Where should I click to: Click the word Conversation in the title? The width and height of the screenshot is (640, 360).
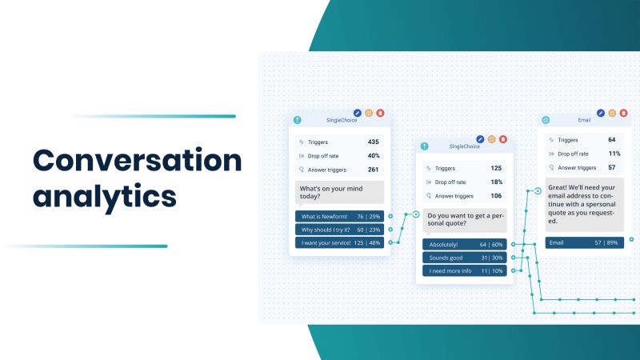pos(137,161)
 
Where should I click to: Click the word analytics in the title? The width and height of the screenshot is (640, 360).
pos(105,195)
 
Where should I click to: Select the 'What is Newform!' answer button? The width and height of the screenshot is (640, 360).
pos(339,216)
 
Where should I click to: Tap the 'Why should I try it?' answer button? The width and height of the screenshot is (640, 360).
pos(339,230)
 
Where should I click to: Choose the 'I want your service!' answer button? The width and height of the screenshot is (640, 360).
pos(339,242)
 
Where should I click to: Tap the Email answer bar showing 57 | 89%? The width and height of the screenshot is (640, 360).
pos(584,242)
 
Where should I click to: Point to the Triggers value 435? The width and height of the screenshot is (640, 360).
pos(373,142)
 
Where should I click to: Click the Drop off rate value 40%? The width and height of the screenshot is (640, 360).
pos(373,155)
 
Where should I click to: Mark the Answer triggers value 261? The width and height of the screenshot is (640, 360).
pos(373,169)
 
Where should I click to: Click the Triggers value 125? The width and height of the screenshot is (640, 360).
pos(496,168)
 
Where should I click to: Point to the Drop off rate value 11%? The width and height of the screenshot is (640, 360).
pos(614,154)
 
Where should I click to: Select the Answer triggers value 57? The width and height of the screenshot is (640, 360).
pos(612,167)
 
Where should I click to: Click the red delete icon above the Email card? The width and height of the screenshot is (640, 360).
pos(626,114)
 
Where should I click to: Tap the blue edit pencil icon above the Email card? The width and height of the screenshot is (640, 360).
pos(601,114)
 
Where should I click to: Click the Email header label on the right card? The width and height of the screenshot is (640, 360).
pos(584,120)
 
